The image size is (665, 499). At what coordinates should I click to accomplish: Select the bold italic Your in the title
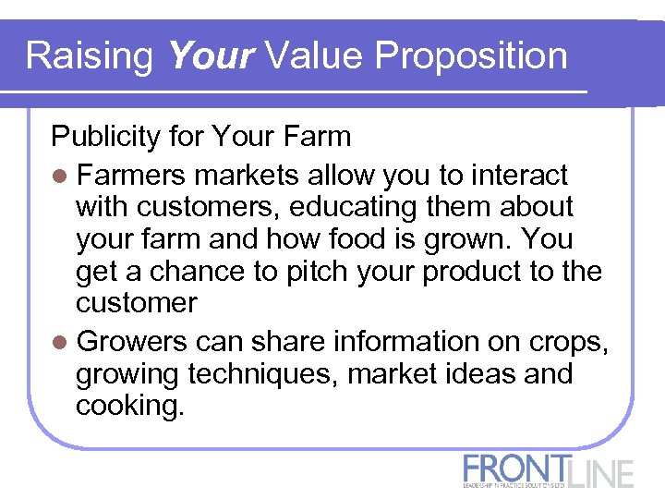point(211,56)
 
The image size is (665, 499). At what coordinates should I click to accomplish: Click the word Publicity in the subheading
point(107,138)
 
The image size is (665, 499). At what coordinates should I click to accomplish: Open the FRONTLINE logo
point(549,470)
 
